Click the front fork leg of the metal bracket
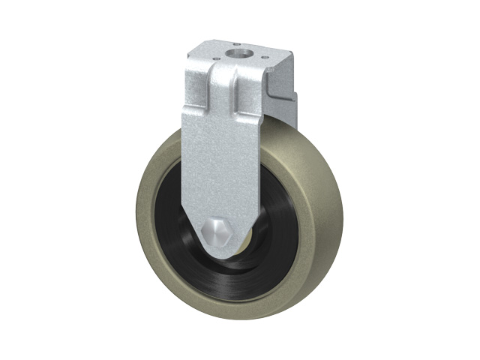tap(217, 165)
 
